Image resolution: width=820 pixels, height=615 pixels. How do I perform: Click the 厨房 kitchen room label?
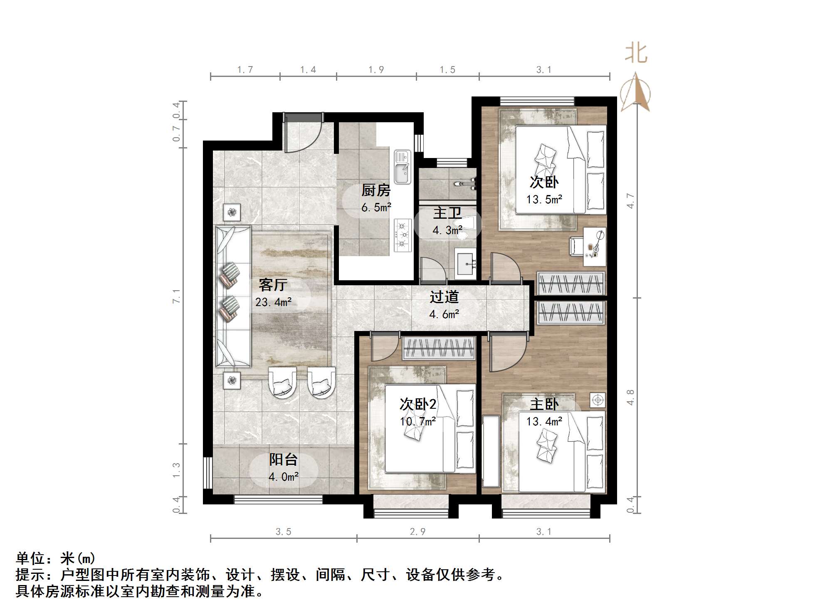click(x=376, y=190)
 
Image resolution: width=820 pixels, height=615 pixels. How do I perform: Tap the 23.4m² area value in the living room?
click(x=273, y=302)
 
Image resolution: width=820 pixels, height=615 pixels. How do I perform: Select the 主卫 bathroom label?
click(x=447, y=213)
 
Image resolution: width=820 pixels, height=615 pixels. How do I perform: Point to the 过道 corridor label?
click(x=444, y=297)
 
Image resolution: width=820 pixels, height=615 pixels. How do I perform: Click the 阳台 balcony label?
click(x=283, y=459)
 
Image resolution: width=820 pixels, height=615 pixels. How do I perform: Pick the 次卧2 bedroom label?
click(x=417, y=404)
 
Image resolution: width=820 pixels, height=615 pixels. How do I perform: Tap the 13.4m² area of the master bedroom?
click(x=544, y=422)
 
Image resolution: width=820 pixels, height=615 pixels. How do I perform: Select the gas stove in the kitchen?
click(x=403, y=235)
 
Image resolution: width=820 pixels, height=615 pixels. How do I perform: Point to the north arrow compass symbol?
click(x=635, y=92)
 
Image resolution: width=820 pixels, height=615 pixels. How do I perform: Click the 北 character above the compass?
click(x=636, y=53)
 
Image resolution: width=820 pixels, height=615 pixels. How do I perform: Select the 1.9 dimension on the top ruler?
click(x=376, y=70)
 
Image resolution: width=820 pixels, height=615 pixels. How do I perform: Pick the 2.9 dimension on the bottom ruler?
click(x=417, y=532)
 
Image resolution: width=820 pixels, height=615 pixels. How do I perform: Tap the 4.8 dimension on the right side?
click(x=630, y=397)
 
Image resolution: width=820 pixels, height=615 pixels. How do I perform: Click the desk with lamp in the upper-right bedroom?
click(x=595, y=247)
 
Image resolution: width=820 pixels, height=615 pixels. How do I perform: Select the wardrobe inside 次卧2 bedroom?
click(x=439, y=348)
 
